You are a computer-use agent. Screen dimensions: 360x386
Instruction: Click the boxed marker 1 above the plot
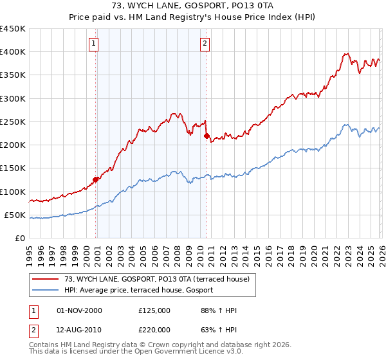(x=94, y=44)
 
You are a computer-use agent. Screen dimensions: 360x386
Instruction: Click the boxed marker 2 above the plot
(x=205, y=44)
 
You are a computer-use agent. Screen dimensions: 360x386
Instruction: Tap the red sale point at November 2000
(x=96, y=179)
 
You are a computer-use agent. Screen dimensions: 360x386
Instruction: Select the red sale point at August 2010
(x=207, y=136)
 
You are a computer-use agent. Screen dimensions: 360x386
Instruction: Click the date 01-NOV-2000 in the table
(x=78, y=310)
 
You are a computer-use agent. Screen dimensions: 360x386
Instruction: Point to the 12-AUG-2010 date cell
(x=78, y=330)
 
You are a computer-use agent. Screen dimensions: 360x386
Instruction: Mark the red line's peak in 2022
(x=346, y=54)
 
